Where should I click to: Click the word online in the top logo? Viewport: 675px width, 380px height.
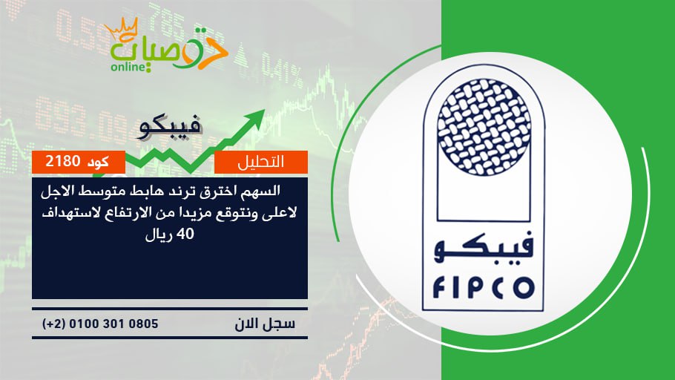[x=128, y=67]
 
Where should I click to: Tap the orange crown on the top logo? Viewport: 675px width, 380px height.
[x=122, y=29]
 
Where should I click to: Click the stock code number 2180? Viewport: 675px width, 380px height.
[x=63, y=161]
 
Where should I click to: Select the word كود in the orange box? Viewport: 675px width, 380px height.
[x=98, y=162]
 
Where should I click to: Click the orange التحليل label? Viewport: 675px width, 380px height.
[x=261, y=162]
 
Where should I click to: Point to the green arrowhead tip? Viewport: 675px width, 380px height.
[x=264, y=111]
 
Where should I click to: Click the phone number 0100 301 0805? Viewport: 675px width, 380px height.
[x=113, y=324]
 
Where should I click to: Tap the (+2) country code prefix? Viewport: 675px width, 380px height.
[x=53, y=324]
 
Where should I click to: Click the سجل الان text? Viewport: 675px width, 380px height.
[x=265, y=323]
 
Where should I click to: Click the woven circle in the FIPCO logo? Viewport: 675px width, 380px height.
[x=484, y=128]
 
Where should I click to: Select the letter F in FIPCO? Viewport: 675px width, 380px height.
[x=438, y=288]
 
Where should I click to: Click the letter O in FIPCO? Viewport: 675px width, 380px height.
[x=524, y=288]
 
